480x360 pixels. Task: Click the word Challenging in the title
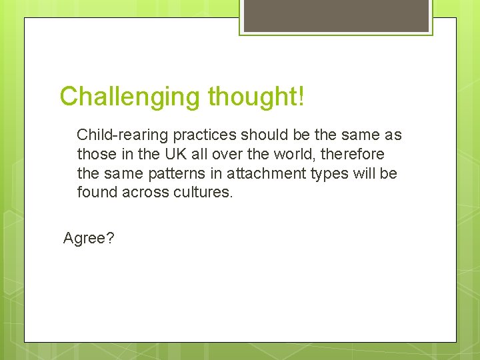(131, 97)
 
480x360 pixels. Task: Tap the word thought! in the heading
(256, 97)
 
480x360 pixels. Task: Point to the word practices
(205, 135)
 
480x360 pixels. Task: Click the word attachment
(263, 174)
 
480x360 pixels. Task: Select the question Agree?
(89, 238)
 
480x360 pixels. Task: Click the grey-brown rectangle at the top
(336, 15)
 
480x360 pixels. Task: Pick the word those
(97, 155)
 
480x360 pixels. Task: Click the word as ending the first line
(393, 135)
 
